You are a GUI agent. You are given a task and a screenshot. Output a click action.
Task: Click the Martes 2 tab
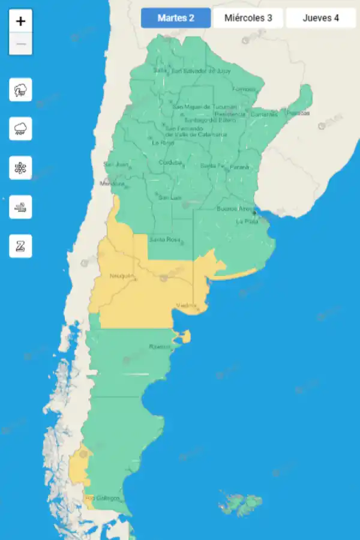click(176, 18)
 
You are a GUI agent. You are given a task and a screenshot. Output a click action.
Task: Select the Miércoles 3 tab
click(248, 18)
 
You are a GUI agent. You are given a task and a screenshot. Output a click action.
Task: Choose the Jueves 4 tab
click(320, 18)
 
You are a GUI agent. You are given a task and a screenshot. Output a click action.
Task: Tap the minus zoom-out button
click(21, 44)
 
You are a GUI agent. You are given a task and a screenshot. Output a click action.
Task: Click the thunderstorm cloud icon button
click(20, 91)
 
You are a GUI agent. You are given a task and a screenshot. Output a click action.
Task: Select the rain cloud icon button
click(20, 128)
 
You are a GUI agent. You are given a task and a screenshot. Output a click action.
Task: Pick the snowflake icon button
click(20, 167)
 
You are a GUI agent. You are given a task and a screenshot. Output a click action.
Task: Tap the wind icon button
click(20, 207)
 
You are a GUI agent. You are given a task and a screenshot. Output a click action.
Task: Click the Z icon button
click(20, 246)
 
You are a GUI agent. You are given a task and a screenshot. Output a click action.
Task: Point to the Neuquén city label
click(121, 276)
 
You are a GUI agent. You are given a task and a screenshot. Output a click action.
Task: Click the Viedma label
click(186, 306)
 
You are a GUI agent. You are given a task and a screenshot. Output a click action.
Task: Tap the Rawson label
click(160, 347)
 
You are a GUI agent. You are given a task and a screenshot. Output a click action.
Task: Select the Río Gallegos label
click(103, 498)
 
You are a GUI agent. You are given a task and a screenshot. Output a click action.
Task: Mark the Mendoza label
click(112, 183)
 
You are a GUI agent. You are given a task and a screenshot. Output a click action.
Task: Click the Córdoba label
click(170, 163)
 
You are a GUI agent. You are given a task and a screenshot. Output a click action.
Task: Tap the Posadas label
click(298, 113)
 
